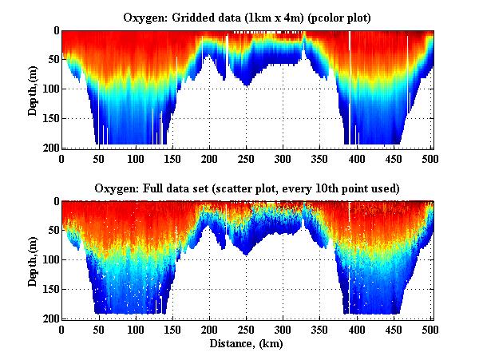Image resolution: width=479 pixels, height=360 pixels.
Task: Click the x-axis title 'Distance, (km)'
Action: (247, 343)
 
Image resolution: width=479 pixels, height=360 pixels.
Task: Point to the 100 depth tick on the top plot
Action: (48, 89)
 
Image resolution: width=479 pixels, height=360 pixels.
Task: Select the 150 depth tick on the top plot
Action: (48, 119)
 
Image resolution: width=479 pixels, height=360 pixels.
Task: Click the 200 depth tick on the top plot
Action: (48, 148)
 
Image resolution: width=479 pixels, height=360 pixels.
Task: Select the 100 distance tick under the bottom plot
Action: (136, 330)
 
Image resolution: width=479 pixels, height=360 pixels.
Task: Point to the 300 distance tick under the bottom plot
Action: (283, 330)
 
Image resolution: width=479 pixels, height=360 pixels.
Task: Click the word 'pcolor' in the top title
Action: (330, 18)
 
